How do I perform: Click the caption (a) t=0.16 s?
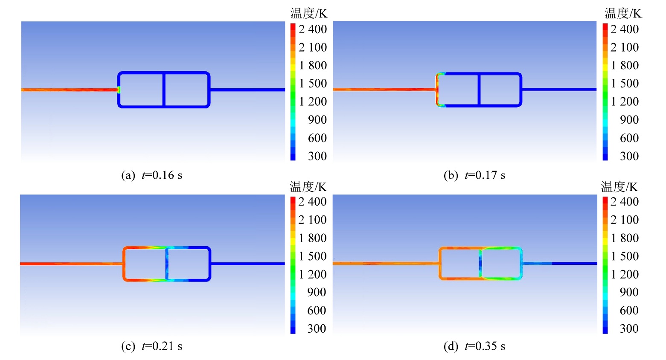[151, 175]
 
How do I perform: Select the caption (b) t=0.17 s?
[474, 175]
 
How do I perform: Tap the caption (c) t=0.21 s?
[151, 346]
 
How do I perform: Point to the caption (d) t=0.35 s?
[474, 346]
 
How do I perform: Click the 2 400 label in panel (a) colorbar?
[312, 29]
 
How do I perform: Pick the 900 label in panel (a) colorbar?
[317, 120]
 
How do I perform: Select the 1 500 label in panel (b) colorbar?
[625, 84]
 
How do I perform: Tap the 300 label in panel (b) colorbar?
[629, 156]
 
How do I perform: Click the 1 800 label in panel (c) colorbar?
[312, 238]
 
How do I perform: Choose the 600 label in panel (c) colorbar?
[317, 311]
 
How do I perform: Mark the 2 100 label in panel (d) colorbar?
[625, 220]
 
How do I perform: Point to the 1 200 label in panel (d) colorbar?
[625, 274]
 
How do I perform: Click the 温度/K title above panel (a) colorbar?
[309, 14]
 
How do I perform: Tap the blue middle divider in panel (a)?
[163, 90]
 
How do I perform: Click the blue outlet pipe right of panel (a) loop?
[247, 90]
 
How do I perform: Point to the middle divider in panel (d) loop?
[480, 264]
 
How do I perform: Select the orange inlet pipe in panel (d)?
[384, 263]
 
